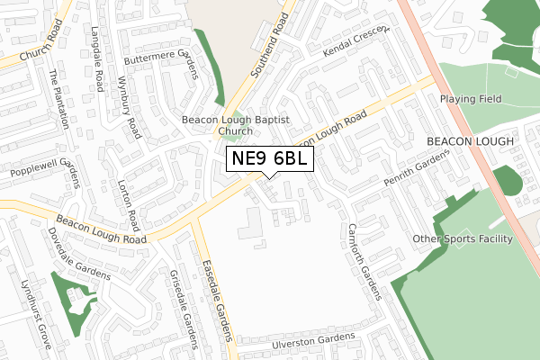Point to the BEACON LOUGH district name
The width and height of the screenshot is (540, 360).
[x=470, y=142]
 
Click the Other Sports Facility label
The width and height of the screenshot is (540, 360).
[x=463, y=238]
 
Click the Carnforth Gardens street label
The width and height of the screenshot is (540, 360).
[x=365, y=260]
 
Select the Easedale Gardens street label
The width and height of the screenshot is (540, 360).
[x=217, y=287]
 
